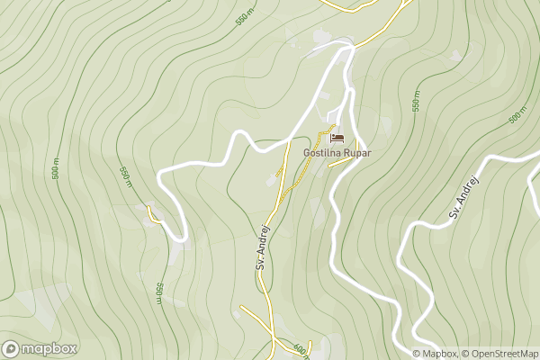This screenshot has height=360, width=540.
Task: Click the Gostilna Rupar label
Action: tap(337, 153)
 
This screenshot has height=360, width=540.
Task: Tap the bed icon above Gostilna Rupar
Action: tap(337, 138)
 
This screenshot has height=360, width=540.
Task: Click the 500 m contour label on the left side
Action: tap(56, 168)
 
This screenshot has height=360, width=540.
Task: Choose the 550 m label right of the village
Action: tap(417, 101)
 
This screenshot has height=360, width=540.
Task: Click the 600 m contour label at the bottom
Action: tap(300, 349)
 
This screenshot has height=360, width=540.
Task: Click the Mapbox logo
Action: tap(40, 348)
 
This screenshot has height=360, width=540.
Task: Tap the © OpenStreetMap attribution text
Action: tap(499, 353)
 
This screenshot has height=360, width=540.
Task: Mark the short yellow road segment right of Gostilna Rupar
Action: tap(345, 162)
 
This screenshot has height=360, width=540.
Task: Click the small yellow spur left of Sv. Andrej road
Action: tap(279, 169)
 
